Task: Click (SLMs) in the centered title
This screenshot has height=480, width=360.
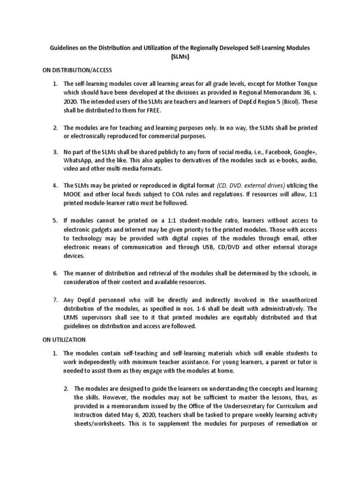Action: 180,57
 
